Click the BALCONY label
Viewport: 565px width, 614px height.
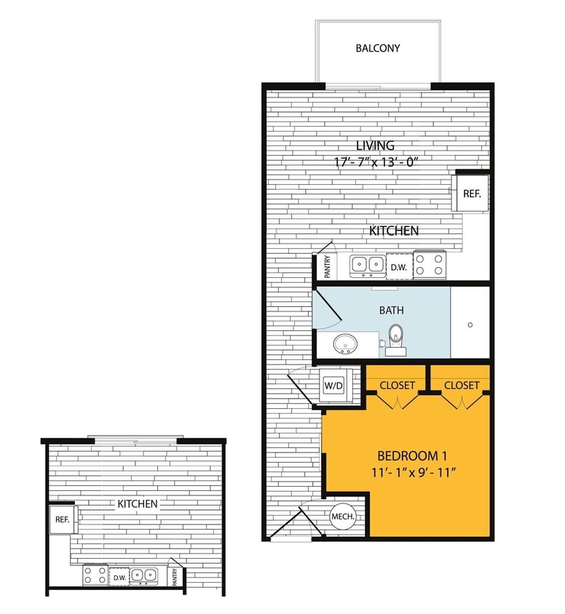click(378, 49)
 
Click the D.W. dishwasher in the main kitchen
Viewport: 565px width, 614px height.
click(398, 267)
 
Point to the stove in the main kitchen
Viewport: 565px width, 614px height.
click(430, 266)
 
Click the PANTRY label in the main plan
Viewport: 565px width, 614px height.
click(328, 267)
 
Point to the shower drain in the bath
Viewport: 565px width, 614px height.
click(470, 325)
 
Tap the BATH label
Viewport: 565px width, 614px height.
click(391, 310)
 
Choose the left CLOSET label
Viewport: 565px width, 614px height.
click(397, 385)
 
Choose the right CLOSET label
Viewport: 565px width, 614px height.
click(462, 385)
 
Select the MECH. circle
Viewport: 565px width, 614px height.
click(342, 517)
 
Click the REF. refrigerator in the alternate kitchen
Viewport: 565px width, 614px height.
click(61, 521)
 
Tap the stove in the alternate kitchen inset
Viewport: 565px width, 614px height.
click(93, 576)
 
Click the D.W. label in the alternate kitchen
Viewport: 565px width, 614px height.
click(118, 578)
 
